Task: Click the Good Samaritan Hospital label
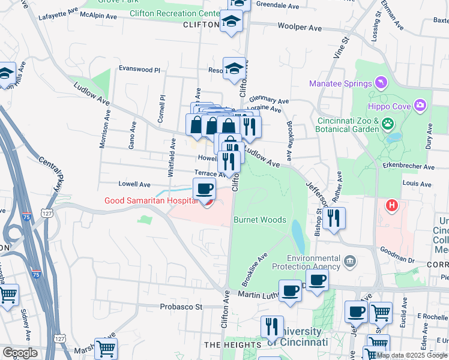[x=151, y=201]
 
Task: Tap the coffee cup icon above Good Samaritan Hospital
[x=204, y=188]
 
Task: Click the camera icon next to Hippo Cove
[x=420, y=106]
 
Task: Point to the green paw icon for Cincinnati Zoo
[x=388, y=124]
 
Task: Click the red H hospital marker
[x=392, y=206]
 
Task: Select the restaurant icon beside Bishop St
[x=334, y=218]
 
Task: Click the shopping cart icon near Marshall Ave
[x=106, y=349]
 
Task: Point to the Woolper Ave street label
[x=300, y=27]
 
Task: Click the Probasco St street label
[x=182, y=307]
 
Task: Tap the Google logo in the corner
[x=20, y=353]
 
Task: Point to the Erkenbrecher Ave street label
[x=411, y=166]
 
